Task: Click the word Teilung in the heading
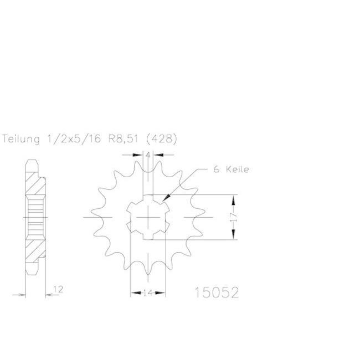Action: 20,139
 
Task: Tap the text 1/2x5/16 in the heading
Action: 74,139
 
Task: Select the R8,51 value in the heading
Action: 123,139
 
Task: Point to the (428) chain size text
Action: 162,139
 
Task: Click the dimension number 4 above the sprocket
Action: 148,155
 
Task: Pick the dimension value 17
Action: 234,217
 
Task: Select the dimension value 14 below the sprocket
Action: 148,293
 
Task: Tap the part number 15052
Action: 217,293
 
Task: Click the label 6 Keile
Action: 231,169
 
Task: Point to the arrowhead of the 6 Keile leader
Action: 167,197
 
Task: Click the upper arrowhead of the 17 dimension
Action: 234,200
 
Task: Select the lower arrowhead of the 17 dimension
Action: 234,234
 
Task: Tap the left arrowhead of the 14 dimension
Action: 136,293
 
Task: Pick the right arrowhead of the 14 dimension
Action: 160,293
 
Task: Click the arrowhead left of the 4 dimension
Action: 138,155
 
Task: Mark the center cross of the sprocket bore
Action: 148,217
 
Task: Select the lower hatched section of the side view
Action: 35,250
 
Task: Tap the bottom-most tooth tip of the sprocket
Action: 148,274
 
